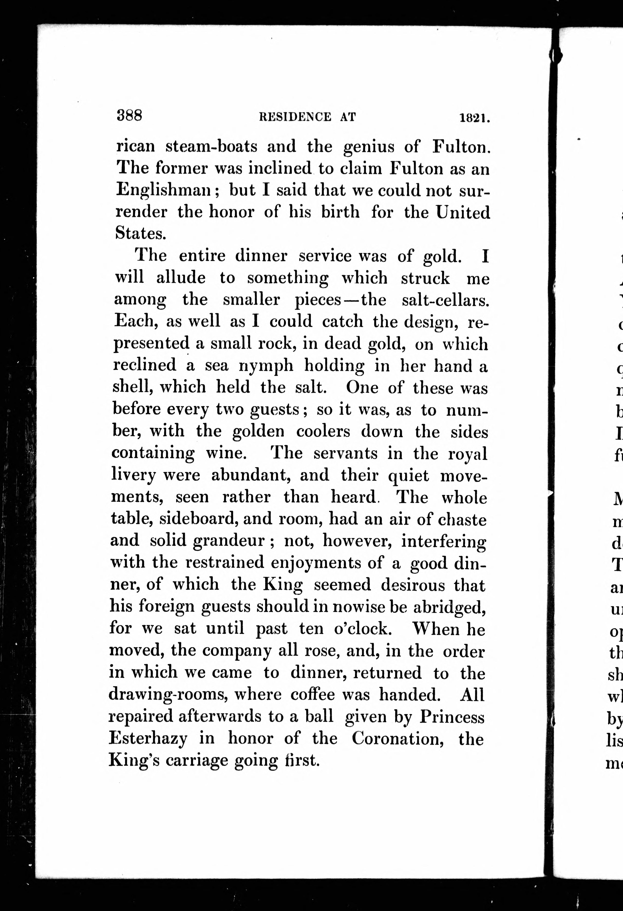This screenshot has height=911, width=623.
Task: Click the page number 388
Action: pos(129,116)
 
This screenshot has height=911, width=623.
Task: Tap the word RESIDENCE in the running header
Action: pos(295,117)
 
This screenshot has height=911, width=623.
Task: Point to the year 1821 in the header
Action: pos(475,118)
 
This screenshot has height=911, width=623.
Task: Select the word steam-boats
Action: pos(211,147)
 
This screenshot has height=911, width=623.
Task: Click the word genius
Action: pos(369,147)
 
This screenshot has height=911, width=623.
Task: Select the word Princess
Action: pos(452,717)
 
